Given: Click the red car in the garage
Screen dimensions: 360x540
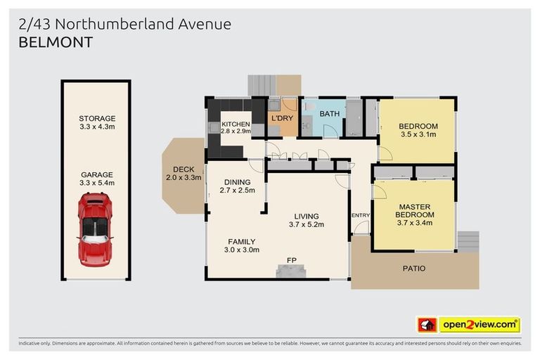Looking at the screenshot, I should [x=96, y=229].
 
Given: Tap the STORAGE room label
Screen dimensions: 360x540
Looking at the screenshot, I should [x=97, y=119].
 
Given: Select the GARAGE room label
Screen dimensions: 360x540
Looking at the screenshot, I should [x=97, y=174].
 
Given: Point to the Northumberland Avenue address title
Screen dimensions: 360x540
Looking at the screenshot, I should [x=123, y=24].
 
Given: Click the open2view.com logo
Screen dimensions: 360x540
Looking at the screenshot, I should [x=480, y=325].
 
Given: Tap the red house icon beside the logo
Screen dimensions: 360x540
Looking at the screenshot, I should [x=426, y=325].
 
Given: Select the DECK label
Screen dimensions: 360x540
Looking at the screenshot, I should [x=183, y=169].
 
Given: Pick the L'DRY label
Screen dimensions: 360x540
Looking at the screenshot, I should [x=281, y=117].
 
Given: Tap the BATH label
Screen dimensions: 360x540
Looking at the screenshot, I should [x=330, y=113].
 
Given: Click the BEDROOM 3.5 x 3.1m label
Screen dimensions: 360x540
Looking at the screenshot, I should [x=418, y=126].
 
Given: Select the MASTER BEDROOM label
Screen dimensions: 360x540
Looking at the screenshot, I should [x=415, y=210].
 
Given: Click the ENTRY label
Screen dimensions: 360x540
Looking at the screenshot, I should [x=360, y=215].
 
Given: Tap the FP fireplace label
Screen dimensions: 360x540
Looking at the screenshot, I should [x=292, y=260].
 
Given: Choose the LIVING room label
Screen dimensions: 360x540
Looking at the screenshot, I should [x=306, y=216].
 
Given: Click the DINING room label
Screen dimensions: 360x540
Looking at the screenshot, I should [x=237, y=181].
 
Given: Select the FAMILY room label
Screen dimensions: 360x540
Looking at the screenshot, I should [x=241, y=241].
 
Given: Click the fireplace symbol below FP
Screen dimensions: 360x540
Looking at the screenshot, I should [x=292, y=271].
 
